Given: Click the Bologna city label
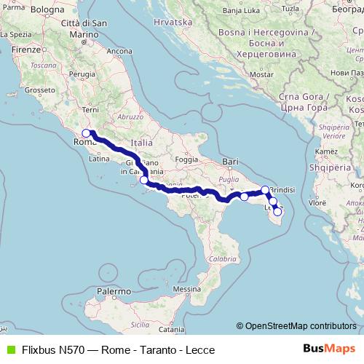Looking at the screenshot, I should coord(49,9).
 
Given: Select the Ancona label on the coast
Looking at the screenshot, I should coord(119,51).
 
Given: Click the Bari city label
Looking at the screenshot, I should coord(232,160).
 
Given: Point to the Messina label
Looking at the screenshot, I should coord(187,289).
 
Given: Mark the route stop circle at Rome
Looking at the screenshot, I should coord(86,133).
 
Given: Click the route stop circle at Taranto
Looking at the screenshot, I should coord(244,197).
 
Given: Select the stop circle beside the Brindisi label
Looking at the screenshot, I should coord(266,190).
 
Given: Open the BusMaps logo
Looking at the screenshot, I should coord(329,349).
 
